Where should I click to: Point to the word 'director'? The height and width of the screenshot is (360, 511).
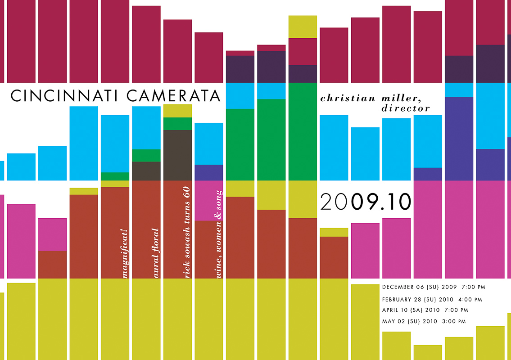405,108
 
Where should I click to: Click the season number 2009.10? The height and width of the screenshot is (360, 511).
366,202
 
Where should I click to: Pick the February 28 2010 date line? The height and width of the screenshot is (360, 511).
431,299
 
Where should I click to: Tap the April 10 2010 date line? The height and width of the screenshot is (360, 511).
425,310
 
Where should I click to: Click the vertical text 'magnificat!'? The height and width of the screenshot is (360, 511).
125,254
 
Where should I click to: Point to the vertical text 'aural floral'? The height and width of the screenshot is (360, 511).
156,253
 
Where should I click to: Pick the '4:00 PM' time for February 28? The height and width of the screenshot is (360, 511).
470,299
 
